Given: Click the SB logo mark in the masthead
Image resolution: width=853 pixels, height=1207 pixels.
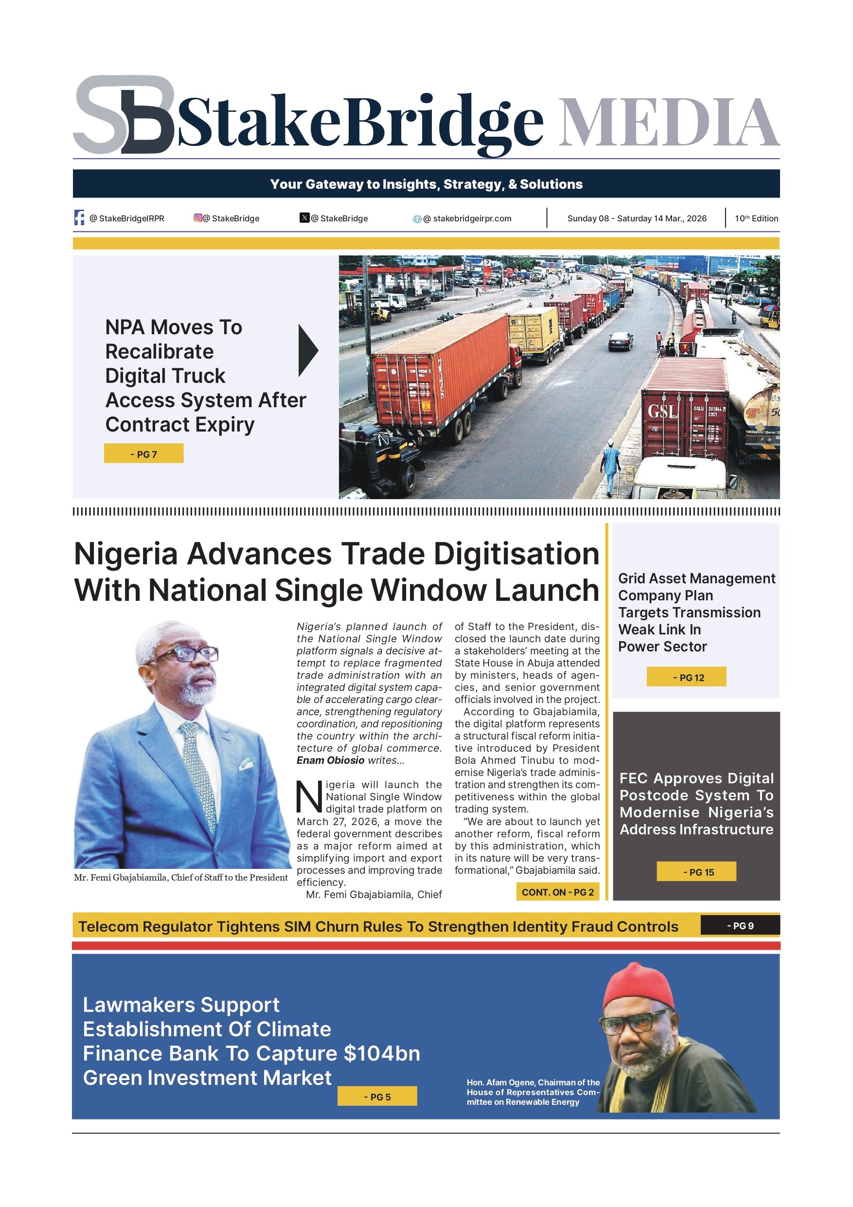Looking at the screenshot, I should tap(124, 115).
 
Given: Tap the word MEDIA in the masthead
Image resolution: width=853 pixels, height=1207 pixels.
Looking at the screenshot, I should tap(668, 122).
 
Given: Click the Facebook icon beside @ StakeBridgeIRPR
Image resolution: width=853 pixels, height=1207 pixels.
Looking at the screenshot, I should tap(79, 217).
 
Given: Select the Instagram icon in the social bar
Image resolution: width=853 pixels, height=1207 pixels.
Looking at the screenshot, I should tap(197, 217).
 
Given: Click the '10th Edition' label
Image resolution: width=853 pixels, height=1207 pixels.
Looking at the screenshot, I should tap(756, 218).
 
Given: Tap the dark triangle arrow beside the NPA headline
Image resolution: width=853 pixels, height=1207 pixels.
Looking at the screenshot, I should tap(308, 350).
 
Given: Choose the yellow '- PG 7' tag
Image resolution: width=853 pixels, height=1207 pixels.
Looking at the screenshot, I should tap(143, 454).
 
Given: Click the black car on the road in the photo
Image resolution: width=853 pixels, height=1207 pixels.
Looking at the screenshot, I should tap(621, 341).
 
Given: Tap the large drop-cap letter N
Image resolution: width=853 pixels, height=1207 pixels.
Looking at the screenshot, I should tap(309, 797).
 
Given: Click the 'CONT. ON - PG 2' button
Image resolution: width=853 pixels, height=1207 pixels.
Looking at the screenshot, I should tap(557, 892).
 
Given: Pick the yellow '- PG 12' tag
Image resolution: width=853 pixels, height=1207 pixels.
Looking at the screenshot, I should tap(686, 677).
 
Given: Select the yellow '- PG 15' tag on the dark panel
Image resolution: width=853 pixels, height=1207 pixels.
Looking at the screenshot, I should tap(696, 872).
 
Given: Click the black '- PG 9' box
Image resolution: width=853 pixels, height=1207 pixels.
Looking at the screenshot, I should tap(740, 926).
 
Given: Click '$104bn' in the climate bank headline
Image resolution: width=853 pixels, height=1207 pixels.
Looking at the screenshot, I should tap(382, 1053).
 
